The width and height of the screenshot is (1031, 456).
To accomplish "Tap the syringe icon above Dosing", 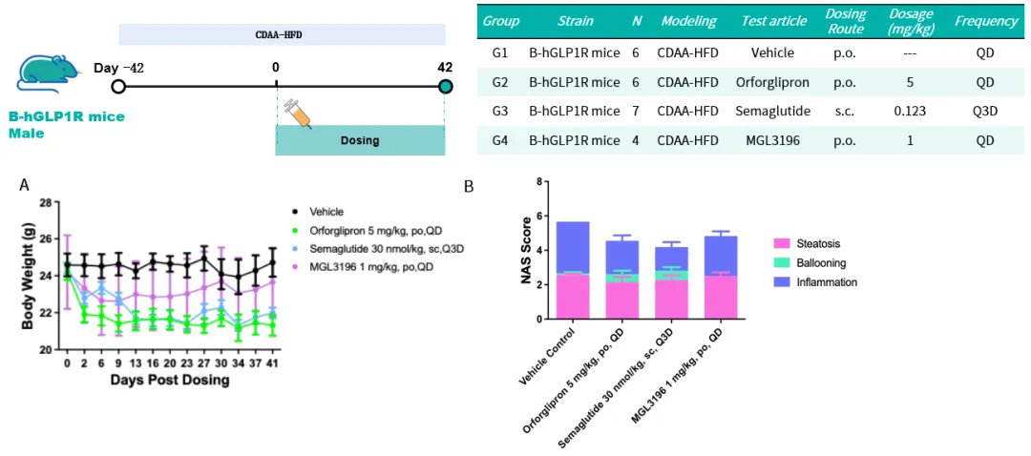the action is pos(297,114).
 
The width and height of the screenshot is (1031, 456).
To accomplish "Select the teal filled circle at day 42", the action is pos(446,86).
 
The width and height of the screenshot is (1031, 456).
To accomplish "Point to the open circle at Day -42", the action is pos(118,86).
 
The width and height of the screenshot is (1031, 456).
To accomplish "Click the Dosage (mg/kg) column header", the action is pos(910,22).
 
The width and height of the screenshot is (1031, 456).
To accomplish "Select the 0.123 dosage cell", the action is pos(910,111).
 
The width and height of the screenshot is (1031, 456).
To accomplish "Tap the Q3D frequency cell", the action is pos(986,111).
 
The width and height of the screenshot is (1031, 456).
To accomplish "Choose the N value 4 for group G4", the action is pos(636,140).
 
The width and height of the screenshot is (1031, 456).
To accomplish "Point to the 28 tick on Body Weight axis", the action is pos(46,203).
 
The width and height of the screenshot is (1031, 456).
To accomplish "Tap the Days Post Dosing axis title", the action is pos(170,380).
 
